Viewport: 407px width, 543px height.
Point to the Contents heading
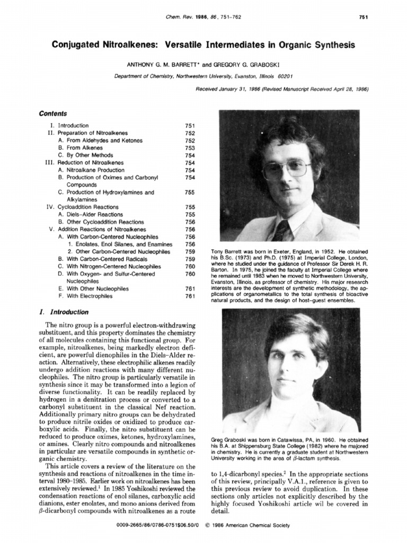point(53,113)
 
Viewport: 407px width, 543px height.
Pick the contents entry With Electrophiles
point(89,296)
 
